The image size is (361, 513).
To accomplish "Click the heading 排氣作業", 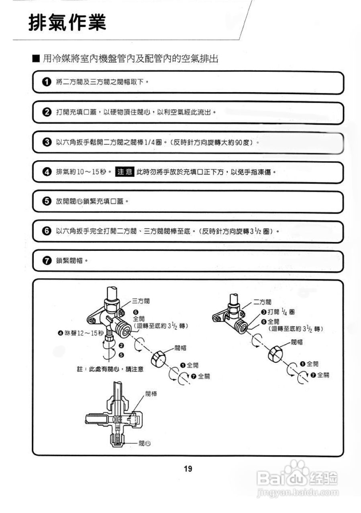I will [67, 23].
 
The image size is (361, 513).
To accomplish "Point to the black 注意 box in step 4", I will [125, 172].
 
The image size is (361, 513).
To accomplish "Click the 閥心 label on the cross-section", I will [145, 443].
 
